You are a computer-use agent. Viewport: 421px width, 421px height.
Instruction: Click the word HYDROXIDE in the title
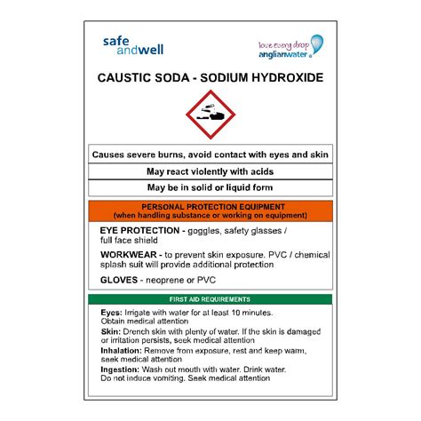click(282, 78)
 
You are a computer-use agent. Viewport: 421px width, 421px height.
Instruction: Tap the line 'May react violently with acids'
click(210, 171)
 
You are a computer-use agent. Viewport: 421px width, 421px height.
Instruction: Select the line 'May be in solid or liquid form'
click(210, 187)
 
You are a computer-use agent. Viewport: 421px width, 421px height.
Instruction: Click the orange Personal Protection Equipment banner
click(210, 210)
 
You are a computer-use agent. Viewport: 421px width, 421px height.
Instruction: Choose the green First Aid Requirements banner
click(210, 299)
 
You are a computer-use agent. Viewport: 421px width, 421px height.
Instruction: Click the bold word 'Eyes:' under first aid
click(111, 314)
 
